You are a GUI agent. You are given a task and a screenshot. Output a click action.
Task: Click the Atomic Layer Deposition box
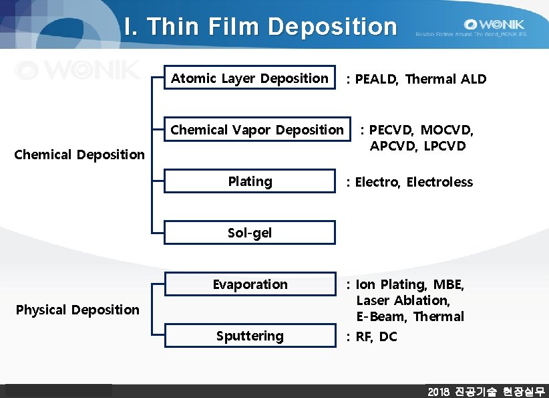(250, 79)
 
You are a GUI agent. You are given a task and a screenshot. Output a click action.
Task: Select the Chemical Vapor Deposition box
(257, 130)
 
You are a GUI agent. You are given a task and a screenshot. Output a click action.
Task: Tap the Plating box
(250, 181)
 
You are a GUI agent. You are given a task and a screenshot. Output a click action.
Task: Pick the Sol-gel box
(250, 233)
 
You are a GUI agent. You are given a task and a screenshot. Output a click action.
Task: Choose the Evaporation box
(250, 284)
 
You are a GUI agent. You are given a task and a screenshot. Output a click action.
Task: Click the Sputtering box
(250, 336)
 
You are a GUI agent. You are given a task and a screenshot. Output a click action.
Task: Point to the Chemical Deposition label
(79, 155)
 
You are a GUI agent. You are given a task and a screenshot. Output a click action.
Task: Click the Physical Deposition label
(77, 310)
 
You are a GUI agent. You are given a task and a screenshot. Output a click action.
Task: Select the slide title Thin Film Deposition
(260, 27)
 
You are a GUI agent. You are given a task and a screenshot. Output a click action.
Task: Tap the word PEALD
(377, 80)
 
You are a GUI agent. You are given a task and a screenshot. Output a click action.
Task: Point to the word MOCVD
(447, 130)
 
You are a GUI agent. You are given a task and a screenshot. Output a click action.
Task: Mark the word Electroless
(439, 182)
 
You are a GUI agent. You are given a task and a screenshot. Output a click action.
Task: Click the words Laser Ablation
(403, 300)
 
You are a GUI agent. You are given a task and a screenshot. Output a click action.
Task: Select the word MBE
(449, 285)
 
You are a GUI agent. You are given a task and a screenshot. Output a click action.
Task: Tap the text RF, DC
(376, 336)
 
